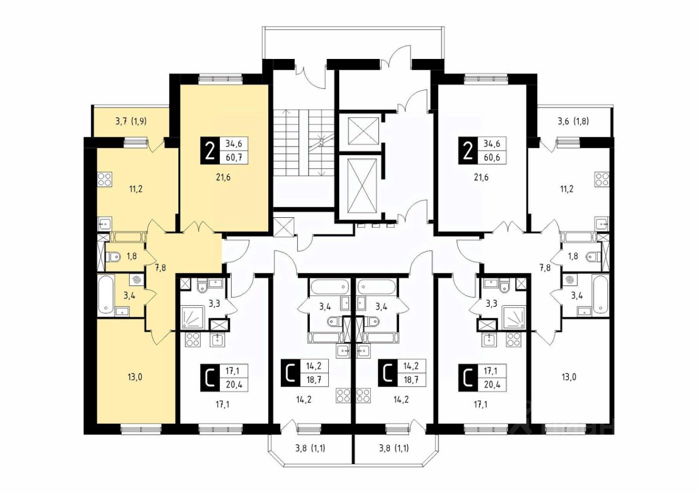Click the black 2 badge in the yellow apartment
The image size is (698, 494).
tap(210, 151)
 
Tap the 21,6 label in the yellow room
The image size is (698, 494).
tap(224, 178)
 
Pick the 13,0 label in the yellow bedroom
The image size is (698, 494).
tap(135, 377)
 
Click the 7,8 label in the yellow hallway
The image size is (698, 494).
tap(160, 267)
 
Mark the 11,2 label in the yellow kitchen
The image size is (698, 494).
tap(136, 189)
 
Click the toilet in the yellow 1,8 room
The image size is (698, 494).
tap(113, 257)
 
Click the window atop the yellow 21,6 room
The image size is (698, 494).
tap(221, 79)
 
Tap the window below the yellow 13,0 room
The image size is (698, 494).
tap(141, 430)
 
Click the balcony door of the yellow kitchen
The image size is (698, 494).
tap(157, 147)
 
